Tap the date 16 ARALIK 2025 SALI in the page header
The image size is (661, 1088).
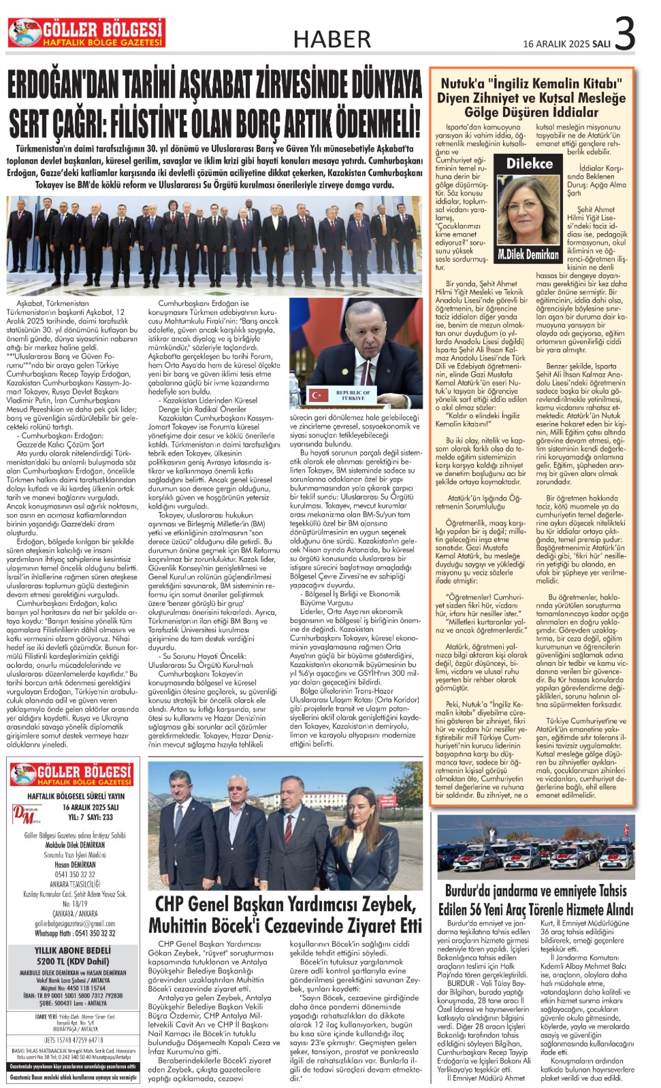point(566,44)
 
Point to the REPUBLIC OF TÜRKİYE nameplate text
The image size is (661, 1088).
point(353,395)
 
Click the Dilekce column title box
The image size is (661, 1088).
point(529,164)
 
